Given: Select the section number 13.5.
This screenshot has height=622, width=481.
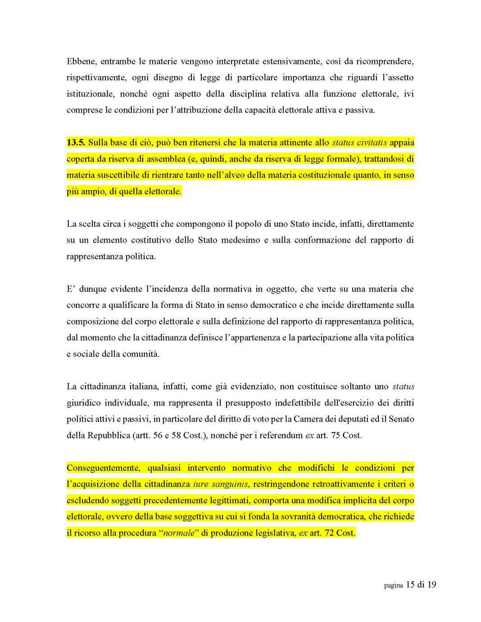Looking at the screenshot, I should pyautogui.click(x=76, y=143).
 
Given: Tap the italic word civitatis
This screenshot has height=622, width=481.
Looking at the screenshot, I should pyautogui.click(x=372, y=143).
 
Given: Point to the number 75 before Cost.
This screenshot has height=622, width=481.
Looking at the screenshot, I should pyautogui.click(x=335, y=435).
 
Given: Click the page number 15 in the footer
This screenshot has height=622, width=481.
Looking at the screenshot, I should pyautogui.click(x=410, y=585).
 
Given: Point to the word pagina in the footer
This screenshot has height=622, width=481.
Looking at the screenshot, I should pyautogui.click(x=393, y=585).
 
